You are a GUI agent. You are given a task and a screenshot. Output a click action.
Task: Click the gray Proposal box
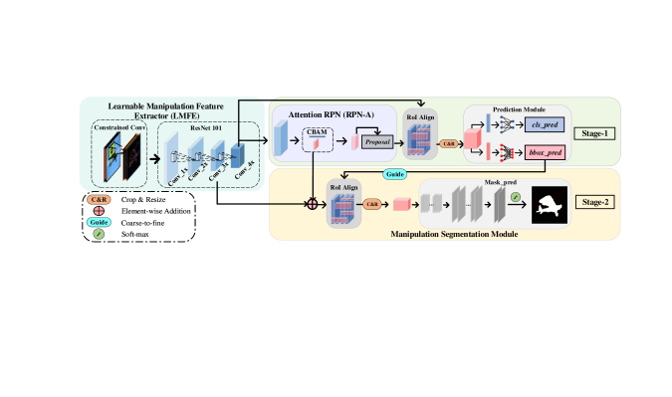point(378,143)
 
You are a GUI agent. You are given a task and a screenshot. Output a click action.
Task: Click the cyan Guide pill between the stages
point(394,174)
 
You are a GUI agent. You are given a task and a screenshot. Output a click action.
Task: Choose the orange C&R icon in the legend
point(99,198)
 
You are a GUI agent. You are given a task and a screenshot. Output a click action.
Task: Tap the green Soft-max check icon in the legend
point(99,235)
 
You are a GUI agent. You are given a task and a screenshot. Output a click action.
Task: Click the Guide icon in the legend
point(99,223)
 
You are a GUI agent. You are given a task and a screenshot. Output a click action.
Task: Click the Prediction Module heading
point(520,109)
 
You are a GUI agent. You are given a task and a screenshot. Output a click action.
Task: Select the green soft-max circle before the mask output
point(515,197)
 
